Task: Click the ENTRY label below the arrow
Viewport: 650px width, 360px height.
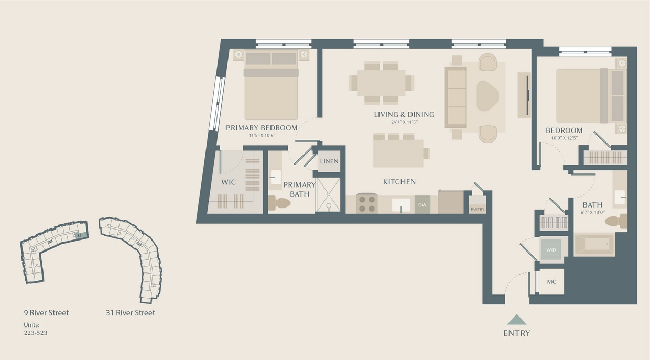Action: tap(516, 333)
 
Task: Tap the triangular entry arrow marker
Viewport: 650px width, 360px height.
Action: tap(516, 320)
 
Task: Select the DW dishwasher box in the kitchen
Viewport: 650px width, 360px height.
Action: tap(422, 204)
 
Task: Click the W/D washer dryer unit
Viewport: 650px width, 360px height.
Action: tap(551, 250)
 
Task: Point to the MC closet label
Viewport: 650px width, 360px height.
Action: tap(551, 282)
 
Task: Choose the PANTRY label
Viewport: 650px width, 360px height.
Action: tap(477, 209)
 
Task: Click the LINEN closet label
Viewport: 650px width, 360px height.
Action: tap(329, 161)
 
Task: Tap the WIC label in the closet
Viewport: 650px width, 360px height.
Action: tap(229, 182)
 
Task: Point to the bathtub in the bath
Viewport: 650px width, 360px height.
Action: tap(594, 245)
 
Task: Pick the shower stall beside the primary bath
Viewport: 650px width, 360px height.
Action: tap(328, 195)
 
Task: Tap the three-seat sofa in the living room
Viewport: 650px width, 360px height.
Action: tap(456, 97)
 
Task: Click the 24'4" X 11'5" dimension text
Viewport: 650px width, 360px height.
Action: tap(404, 123)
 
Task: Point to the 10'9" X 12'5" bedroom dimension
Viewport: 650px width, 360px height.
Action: tap(564, 138)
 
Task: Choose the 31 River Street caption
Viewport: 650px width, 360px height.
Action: tap(130, 313)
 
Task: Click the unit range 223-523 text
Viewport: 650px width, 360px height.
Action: tap(36, 333)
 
